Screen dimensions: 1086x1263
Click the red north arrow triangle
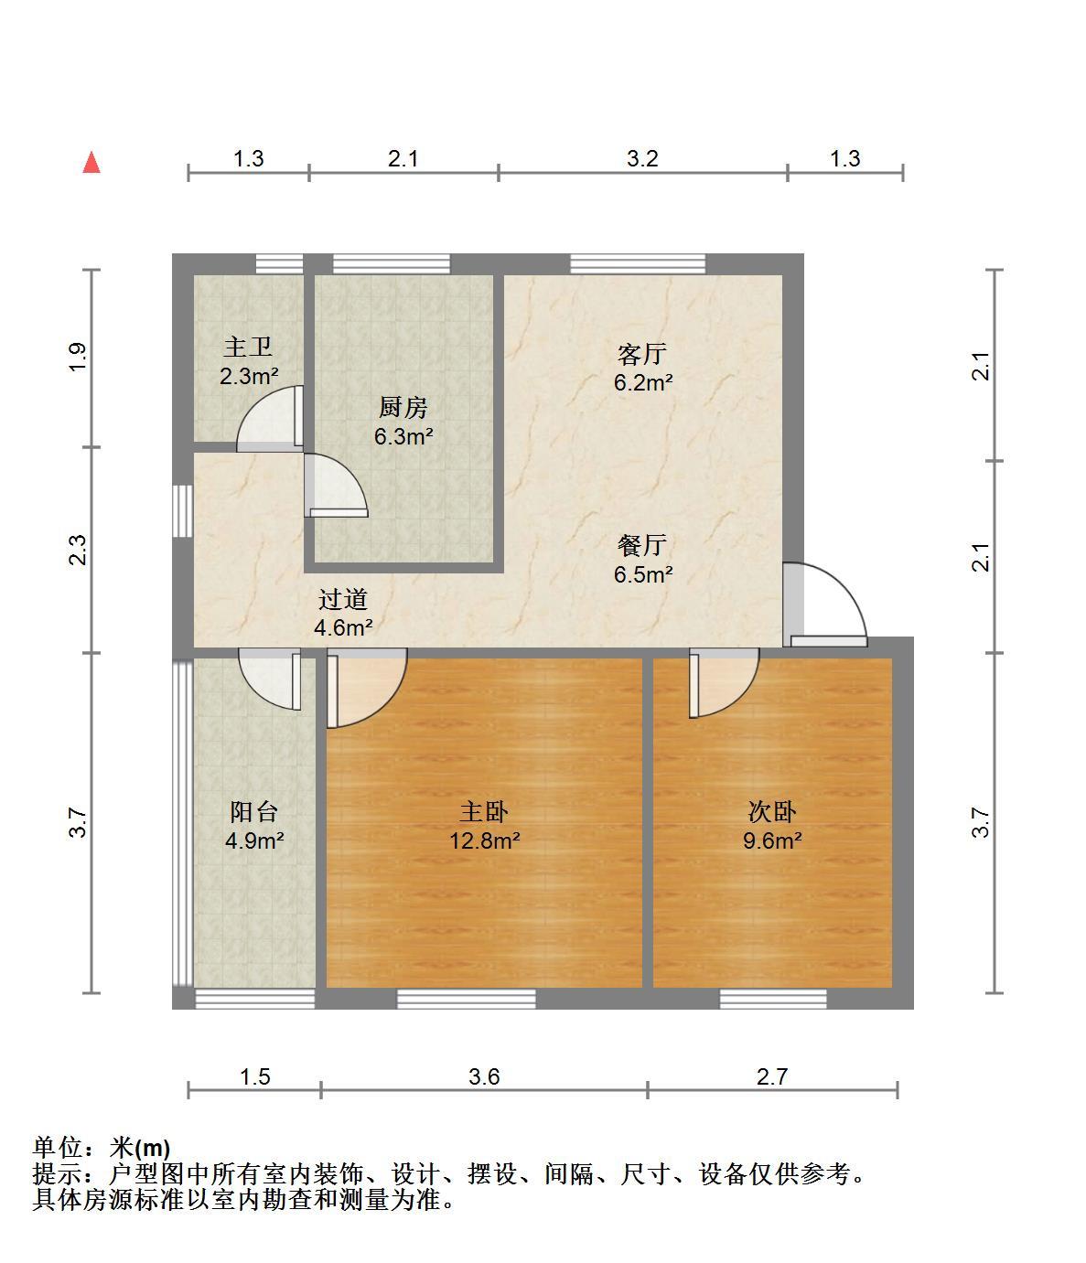[91, 163]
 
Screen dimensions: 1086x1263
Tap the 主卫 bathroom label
[248, 347]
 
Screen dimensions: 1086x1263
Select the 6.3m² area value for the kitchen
[403, 436]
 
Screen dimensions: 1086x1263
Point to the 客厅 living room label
[641, 354]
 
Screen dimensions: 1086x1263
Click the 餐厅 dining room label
[641, 545]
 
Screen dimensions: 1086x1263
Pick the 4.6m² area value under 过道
[343, 627]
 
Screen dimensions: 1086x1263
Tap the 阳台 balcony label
[253, 811]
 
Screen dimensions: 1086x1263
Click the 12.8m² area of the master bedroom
[485, 840]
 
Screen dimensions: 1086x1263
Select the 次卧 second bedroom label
[772, 811]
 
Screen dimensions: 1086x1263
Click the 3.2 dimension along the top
[642, 159]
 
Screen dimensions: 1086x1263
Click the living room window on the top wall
[638, 264]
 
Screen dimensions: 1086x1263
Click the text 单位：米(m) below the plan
[102, 1148]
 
